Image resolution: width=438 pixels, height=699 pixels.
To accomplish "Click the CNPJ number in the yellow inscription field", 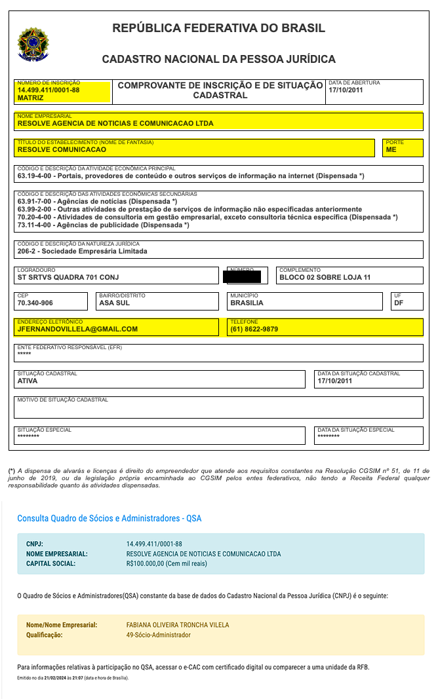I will coord(49,90).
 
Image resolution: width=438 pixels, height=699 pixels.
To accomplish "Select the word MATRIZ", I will coord(31,98).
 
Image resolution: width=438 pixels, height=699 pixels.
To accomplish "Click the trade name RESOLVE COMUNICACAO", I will coord(62,149).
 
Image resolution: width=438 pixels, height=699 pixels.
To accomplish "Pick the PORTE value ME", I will coord(391,149).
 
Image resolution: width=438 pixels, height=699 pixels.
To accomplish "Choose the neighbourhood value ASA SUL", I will coord(114,303).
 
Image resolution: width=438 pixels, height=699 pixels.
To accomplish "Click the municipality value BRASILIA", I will coord(247,303).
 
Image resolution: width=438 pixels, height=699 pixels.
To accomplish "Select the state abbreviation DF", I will coord(399,303).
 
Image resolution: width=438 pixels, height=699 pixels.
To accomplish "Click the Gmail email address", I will coord(77,329).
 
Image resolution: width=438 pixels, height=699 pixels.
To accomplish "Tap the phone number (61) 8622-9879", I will coord(254,329).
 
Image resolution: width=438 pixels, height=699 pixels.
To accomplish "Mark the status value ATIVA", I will coord(28,381).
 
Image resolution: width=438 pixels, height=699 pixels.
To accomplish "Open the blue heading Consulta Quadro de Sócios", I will coord(109,518).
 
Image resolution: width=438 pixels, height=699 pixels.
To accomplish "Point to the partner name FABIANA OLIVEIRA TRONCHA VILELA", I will coord(178,625).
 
